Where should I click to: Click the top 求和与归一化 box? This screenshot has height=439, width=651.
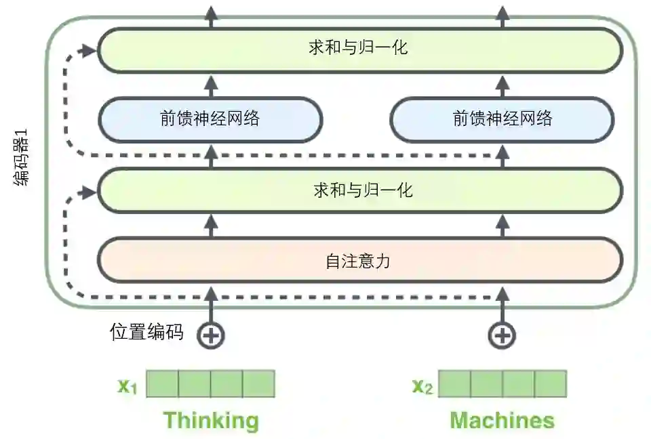coord(359,49)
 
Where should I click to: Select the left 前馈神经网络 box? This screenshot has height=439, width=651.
coord(210,119)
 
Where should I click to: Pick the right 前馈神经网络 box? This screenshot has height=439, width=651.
coord(502,119)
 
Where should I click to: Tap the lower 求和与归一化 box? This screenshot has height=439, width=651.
coord(359,190)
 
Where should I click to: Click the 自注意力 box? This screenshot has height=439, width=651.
coord(359,260)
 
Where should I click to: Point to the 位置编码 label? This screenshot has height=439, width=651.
coord(146,332)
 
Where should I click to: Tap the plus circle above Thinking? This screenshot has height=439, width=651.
coord(210,335)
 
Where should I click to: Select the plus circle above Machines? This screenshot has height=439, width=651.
coord(502,335)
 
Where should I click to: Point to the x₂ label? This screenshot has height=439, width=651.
coord(422,386)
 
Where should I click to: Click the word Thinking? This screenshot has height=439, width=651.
coord(210,420)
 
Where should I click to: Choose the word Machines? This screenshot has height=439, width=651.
coord(502,420)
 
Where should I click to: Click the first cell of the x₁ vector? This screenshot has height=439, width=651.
coord(162,383)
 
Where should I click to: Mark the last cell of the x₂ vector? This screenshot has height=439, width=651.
coord(550,383)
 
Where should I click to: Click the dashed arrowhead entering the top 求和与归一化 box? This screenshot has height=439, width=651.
coord(89,50)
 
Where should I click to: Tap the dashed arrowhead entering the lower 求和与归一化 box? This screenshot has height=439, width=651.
coord(89,192)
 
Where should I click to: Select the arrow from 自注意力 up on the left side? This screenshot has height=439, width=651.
coord(210,225)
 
